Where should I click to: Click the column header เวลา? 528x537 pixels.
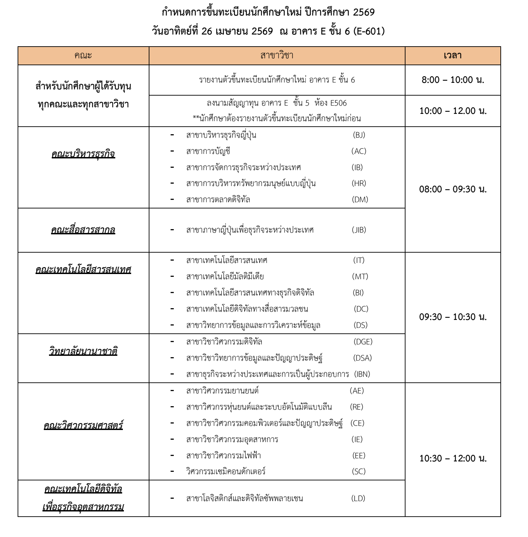(452, 56)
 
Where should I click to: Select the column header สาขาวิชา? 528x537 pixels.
(277, 56)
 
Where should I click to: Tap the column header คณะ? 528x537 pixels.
(83, 56)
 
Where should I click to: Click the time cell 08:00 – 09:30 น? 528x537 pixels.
(453, 189)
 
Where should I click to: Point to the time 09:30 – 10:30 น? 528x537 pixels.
(453, 317)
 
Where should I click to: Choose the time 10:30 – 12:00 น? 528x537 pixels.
(453, 458)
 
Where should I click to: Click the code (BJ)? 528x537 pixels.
(359, 135)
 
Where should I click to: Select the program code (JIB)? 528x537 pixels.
(359, 230)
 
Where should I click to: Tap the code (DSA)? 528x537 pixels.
(362, 358)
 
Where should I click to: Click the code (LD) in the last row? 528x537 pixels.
(358, 498)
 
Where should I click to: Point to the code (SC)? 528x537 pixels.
(359, 471)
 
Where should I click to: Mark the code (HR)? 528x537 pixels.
(359, 183)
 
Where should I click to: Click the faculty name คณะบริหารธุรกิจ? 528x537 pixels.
(83, 154)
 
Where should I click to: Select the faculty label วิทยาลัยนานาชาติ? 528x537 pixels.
(83, 351)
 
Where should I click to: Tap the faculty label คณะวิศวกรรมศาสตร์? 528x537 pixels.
(83, 425)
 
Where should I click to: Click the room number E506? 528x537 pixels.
(338, 103)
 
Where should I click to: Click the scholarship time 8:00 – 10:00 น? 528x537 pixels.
(453, 80)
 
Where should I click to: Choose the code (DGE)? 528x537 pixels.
(363, 342)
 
